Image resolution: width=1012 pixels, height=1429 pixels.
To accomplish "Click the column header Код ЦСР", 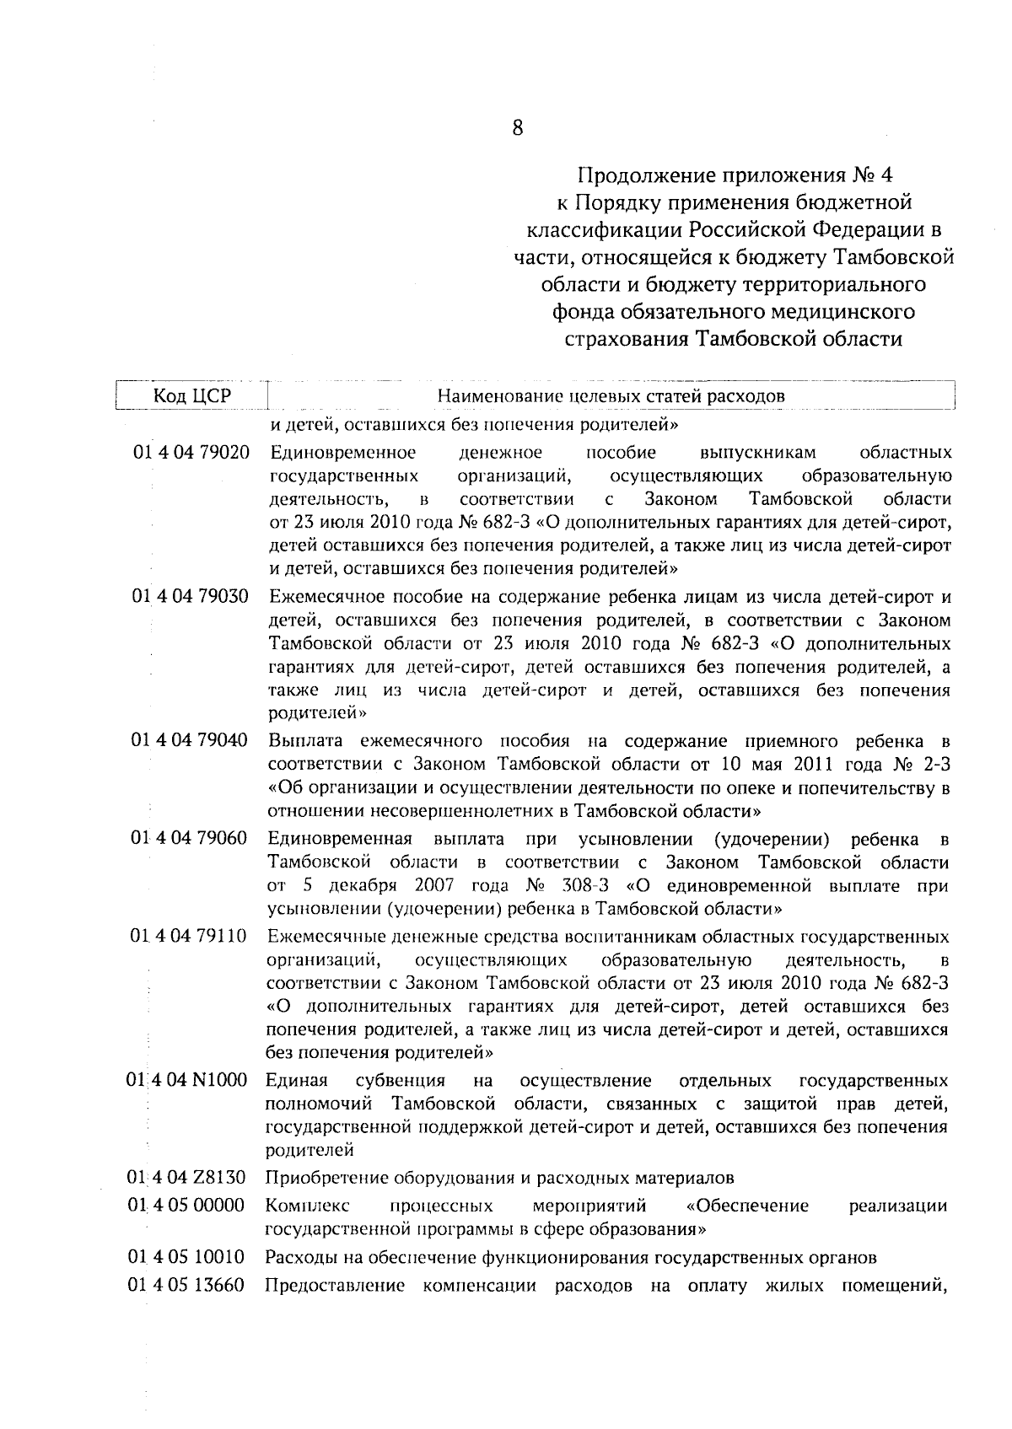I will tap(191, 396).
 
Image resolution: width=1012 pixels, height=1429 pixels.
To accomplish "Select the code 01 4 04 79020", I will tap(191, 454).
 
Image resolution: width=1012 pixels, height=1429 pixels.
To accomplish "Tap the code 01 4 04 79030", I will tap(191, 598).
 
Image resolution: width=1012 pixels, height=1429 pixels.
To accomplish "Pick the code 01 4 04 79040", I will tap(191, 741).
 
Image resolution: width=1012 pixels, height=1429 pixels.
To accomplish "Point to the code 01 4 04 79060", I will tap(191, 839).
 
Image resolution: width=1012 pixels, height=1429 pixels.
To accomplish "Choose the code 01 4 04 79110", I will tap(191, 937).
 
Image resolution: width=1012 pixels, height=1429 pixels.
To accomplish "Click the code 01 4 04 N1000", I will tap(188, 1081).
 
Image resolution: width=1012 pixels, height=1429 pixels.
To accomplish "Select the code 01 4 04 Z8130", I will tap(187, 1178).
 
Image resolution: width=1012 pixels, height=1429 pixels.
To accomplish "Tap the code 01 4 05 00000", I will tap(187, 1206).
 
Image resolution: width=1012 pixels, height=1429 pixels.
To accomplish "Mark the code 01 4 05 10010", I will tap(187, 1257).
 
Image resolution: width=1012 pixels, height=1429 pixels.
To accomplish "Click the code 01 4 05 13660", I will tap(187, 1286).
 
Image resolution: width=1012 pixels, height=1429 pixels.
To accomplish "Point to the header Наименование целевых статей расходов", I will tap(611, 396).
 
